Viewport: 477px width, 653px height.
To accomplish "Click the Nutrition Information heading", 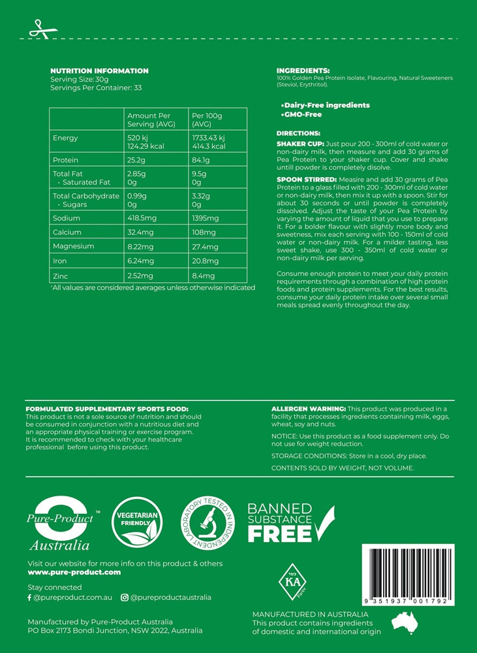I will pos(99,71).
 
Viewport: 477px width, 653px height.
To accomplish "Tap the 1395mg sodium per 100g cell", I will pos(206,218).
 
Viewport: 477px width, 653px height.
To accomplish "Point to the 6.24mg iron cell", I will pos(141,261).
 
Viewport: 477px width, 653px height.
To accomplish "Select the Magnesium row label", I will pos(73,246).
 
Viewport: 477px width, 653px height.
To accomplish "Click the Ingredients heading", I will pos(303,71).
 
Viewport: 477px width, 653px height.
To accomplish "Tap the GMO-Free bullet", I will pos(301,114).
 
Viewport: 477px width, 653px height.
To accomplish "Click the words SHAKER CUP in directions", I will pos(300,144).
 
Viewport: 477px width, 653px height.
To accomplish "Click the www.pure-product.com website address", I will pos(74,572).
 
